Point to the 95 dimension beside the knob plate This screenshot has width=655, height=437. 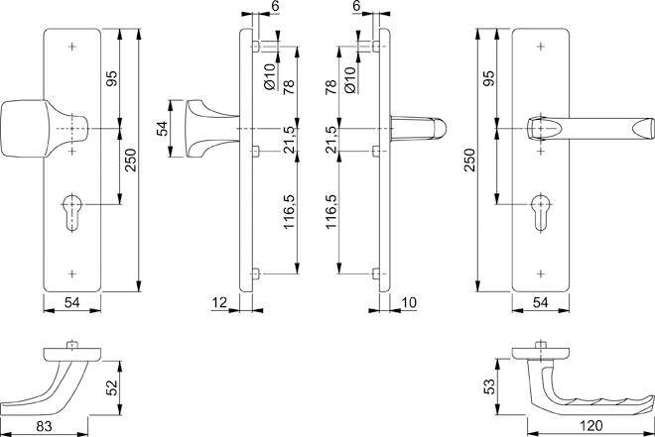pos(112,80)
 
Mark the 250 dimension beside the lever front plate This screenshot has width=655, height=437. pos(467,163)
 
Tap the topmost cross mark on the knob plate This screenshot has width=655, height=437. pos(73,47)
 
